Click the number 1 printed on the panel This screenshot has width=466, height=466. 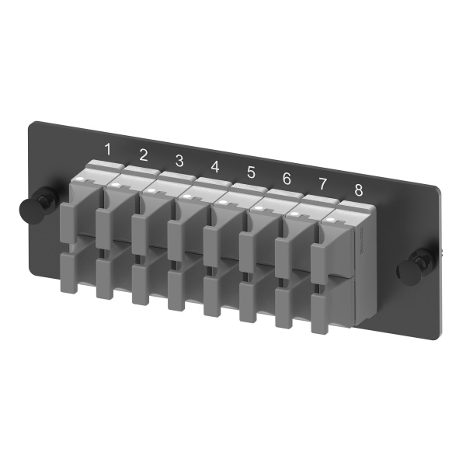[109, 148]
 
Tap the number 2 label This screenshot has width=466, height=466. [144, 153]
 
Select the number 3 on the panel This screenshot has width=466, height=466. [179, 161]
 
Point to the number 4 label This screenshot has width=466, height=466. [215, 167]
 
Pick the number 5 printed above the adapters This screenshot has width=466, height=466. [251, 173]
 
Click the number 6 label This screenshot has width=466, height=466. [287, 179]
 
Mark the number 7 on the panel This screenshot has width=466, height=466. [322, 184]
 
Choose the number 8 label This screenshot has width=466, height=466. [358, 190]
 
